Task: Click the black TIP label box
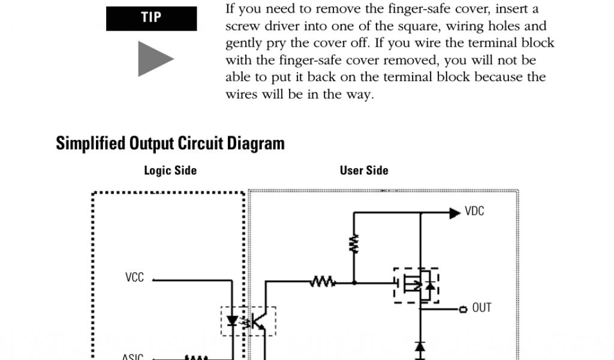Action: pyautogui.click(x=151, y=18)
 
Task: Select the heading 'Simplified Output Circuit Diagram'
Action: pyautogui.click(x=170, y=144)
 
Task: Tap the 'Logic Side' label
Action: pyautogui.click(x=170, y=170)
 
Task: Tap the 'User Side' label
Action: pyautogui.click(x=364, y=170)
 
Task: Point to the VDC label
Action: pyautogui.click(x=474, y=212)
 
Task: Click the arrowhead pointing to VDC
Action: pyautogui.click(x=455, y=212)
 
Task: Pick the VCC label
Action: pyautogui.click(x=134, y=278)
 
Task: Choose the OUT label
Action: pyautogui.click(x=481, y=308)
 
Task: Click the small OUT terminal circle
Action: pyautogui.click(x=463, y=309)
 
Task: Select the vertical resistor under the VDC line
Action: pyautogui.click(x=354, y=243)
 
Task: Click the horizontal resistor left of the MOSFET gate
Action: pyautogui.click(x=323, y=281)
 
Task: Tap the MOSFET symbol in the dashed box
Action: pyautogui.click(x=416, y=285)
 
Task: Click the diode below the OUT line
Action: pyautogui.click(x=420, y=347)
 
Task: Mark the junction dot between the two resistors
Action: pyautogui.click(x=354, y=281)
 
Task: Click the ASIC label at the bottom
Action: pyautogui.click(x=133, y=357)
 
